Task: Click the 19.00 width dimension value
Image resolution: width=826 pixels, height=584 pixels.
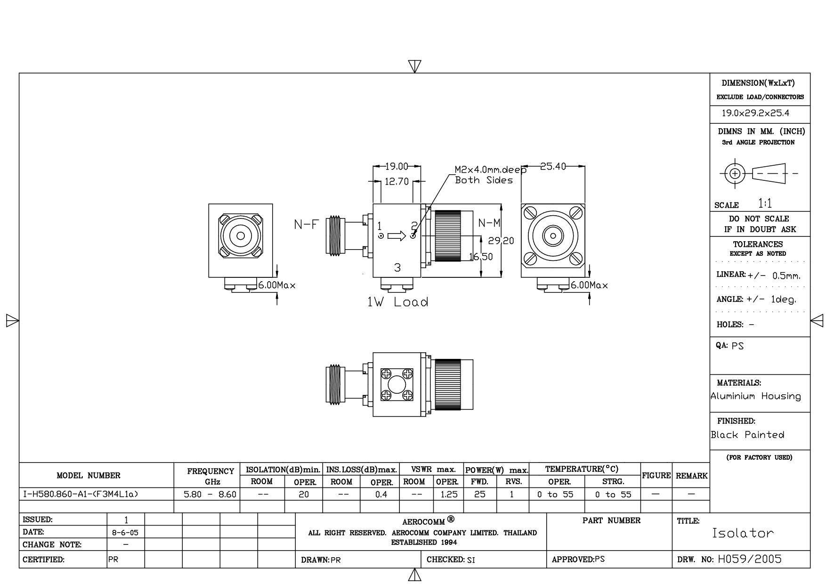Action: point(397,166)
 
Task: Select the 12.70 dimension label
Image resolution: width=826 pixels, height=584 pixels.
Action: point(397,181)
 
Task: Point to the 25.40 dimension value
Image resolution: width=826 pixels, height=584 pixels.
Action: point(553,166)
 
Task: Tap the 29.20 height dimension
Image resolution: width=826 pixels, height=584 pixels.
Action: point(501,241)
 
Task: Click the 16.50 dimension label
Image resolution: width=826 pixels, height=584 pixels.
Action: point(481,257)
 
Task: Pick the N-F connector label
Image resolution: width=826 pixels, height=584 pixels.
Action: point(306,224)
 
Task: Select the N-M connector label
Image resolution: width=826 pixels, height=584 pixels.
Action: point(489,223)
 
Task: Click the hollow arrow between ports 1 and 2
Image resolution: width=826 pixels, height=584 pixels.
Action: point(396,235)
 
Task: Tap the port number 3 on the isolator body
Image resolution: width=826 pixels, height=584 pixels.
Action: point(397,268)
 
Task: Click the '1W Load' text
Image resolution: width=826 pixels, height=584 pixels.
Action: point(398,302)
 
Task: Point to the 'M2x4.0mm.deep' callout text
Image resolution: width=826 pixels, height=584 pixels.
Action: point(490,170)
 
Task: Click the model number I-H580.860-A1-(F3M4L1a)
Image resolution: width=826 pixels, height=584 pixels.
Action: point(81,495)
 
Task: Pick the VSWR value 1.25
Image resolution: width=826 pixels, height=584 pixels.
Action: point(448,495)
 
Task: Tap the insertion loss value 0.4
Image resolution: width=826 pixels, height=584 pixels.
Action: point(381,495)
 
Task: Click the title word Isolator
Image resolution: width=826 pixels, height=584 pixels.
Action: point(743,533)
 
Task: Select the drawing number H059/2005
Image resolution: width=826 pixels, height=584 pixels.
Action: point(750,559)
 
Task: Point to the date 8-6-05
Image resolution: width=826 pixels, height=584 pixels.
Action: point(125,533)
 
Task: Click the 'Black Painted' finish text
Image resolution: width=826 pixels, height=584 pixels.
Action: point(747,435)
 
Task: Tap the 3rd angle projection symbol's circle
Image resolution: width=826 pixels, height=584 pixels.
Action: point(734,173)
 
